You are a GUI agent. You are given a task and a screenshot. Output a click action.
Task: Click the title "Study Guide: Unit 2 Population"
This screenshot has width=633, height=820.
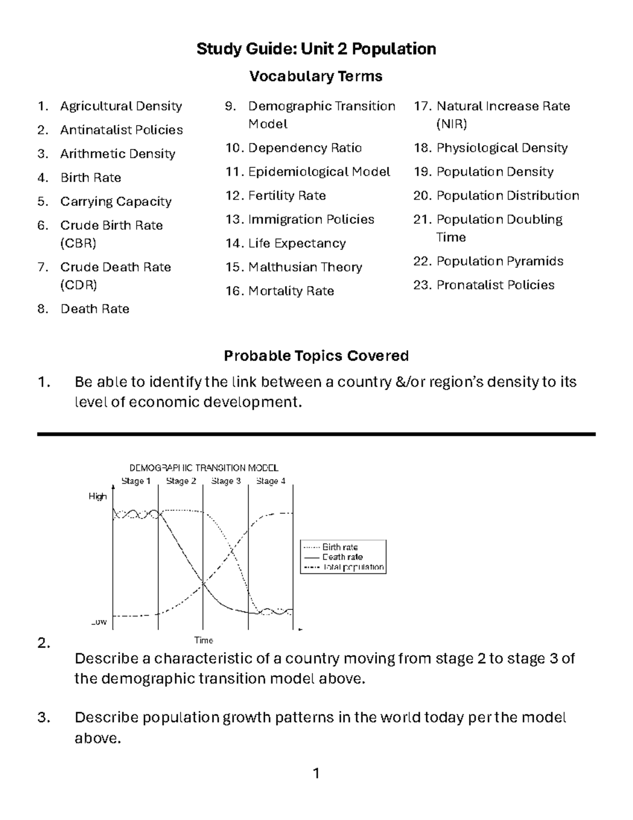316,49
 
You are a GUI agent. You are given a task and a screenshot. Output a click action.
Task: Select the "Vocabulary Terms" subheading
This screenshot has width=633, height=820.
315,77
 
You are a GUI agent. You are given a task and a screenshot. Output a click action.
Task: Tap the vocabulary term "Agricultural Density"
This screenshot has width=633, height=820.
121,106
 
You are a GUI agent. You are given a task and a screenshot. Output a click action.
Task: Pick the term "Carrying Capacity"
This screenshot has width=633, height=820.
116,202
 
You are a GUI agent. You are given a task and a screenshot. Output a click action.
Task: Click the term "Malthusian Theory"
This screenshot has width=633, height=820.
305,267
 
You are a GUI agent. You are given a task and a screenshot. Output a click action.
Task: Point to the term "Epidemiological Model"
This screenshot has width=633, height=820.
319,172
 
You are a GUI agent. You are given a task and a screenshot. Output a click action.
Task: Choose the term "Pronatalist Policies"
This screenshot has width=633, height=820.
495,285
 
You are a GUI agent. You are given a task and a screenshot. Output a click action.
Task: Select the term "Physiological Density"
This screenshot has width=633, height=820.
502,148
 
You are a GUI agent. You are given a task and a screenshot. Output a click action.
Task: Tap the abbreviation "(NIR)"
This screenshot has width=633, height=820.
452,124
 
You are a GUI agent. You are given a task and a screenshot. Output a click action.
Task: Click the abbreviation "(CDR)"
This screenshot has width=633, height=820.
79,285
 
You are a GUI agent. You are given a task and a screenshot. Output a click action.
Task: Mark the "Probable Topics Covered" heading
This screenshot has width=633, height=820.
316,356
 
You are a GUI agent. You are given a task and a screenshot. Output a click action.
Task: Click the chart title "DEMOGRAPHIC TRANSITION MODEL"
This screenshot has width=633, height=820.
204,468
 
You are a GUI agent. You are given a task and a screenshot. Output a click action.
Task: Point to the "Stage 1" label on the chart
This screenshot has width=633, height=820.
136,481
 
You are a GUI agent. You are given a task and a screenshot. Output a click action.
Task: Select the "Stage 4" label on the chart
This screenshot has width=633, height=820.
271,481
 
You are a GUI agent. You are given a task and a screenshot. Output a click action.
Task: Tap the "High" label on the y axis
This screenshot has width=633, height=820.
98,496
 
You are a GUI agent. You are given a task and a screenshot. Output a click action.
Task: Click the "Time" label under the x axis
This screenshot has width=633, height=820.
204,640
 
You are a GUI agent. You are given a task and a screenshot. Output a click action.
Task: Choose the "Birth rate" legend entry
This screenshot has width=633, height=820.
340,548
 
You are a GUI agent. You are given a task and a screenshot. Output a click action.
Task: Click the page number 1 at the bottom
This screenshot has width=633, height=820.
316,774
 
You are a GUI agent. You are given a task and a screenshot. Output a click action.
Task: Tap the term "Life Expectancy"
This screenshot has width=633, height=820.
296,243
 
